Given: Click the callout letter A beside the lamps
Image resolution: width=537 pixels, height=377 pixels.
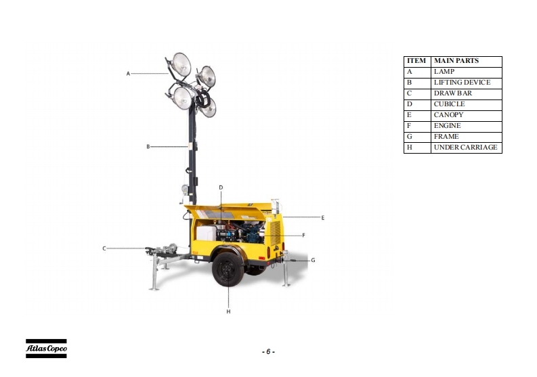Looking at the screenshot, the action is (128, 74).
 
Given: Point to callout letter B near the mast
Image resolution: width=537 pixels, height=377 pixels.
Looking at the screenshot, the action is (148, 147).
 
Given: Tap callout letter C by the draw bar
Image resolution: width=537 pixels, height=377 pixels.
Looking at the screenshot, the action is (104, 248).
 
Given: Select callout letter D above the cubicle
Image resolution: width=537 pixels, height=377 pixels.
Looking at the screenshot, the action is (221, 187).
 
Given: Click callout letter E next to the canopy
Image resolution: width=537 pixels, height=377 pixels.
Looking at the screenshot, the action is (322, 217).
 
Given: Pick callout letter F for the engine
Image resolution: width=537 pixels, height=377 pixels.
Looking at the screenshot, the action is (303, 236).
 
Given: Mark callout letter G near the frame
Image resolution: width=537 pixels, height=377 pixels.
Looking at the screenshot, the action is (313, 260).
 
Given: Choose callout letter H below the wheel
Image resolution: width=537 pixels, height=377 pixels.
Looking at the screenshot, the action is (228, 311).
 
